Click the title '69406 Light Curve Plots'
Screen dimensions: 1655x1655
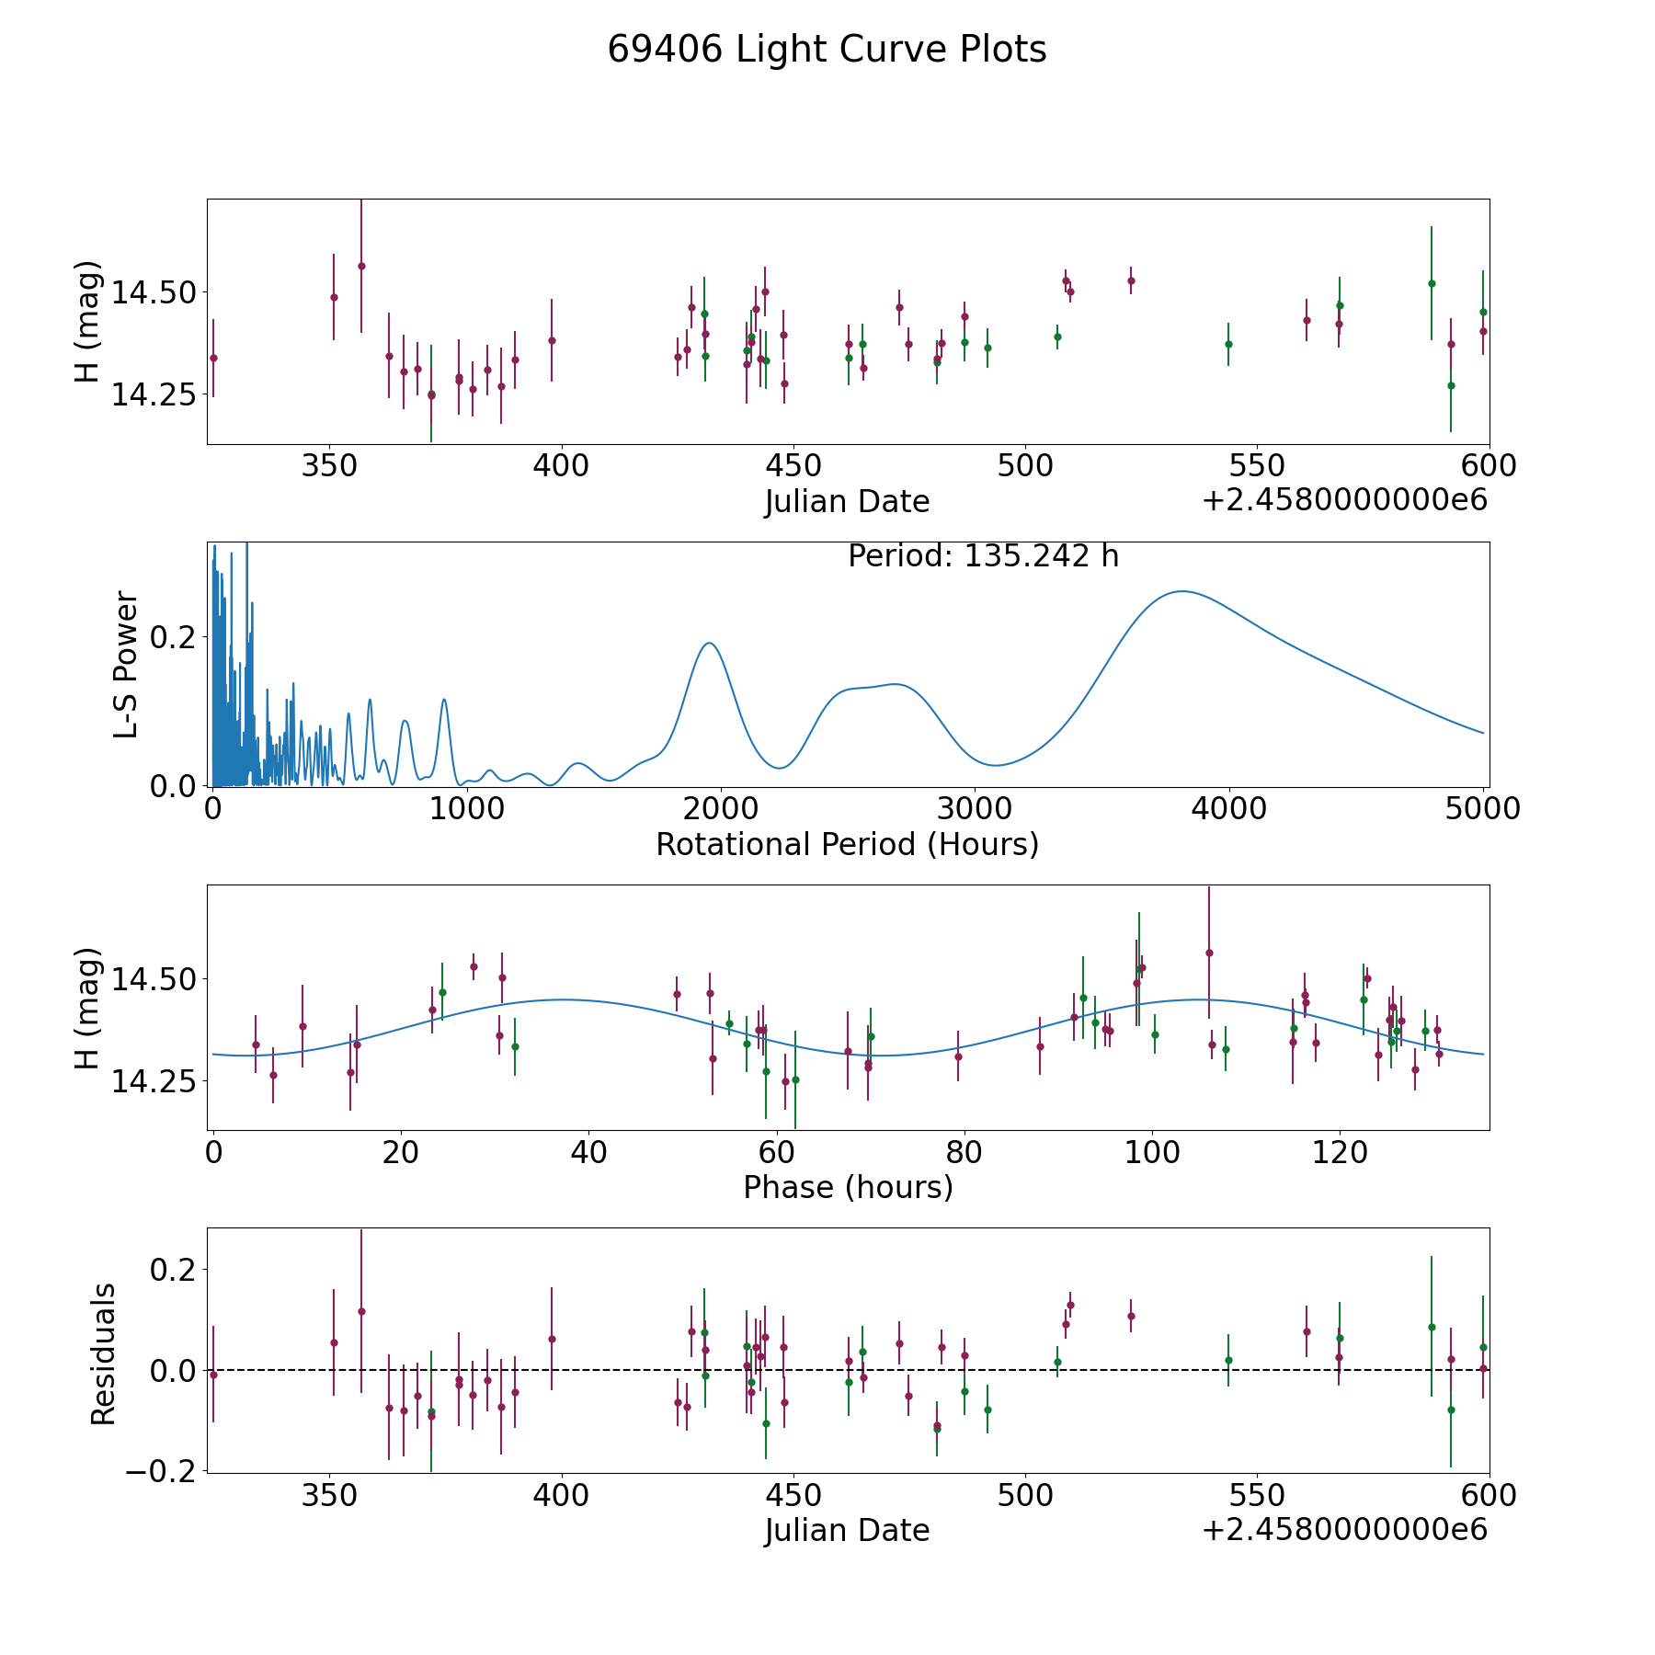(827, 50)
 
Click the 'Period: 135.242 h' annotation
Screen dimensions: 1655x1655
(983, 556)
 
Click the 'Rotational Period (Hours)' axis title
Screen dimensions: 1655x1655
(847, 844)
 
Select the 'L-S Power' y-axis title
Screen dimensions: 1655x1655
(126, 665)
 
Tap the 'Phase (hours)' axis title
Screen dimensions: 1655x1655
(848, 1187)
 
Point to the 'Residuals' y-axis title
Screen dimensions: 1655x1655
(103, 1353)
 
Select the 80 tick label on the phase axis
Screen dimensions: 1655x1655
(964, 1152)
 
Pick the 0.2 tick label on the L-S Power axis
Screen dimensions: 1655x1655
(173, 636)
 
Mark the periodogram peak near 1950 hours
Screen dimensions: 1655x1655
(709, 643)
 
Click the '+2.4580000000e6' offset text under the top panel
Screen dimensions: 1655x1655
(1344, 500)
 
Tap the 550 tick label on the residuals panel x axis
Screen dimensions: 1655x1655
(1257, 1496)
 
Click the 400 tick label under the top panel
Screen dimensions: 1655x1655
(561, 466)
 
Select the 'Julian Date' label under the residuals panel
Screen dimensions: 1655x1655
(847, 1530)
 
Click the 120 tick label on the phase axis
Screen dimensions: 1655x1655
(1339, 1152)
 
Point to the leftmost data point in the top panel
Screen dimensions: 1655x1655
(213, 358)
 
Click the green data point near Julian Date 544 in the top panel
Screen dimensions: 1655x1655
(1228, 344)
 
